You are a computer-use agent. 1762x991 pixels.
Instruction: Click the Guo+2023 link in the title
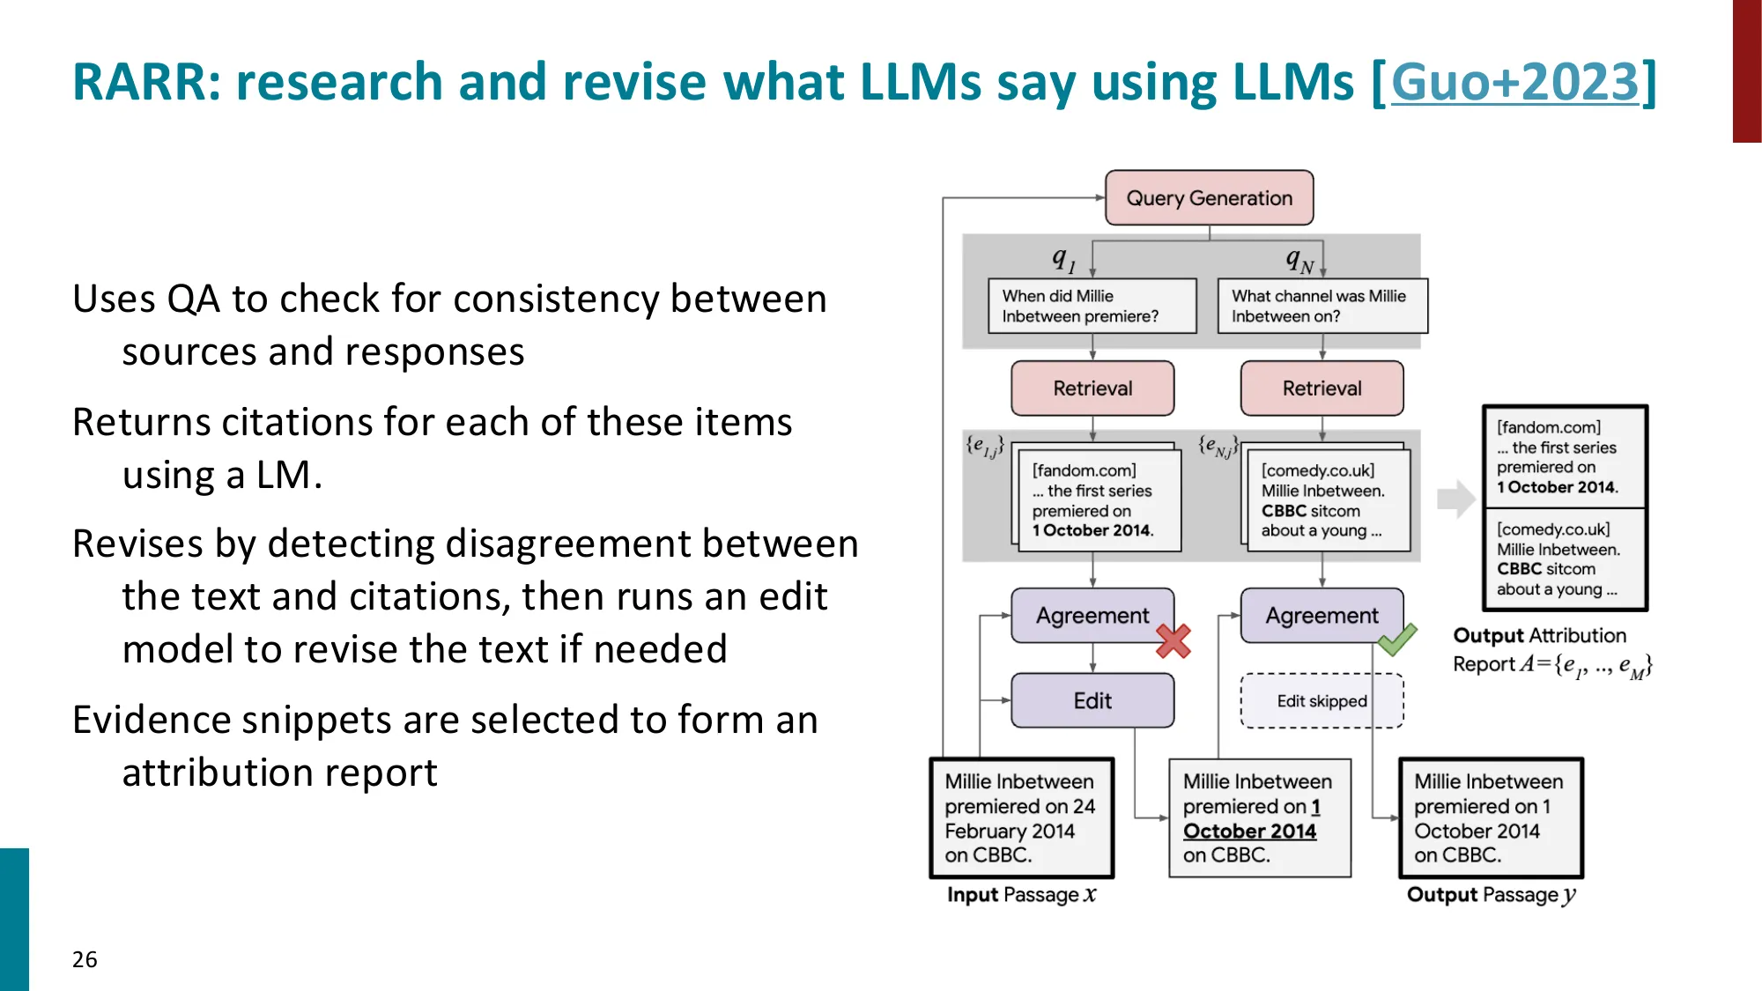point(1514,82)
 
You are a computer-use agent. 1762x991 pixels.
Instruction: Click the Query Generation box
point(1209,198)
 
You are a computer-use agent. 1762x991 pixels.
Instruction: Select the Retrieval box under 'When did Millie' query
point(1092,388)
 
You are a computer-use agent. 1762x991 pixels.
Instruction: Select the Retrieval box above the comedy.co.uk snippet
point(1321,388)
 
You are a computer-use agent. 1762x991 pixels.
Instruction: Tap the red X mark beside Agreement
point(1173,641)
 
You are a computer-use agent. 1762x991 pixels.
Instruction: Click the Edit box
point(1092,700)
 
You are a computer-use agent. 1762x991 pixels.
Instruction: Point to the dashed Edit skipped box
point(1321,701)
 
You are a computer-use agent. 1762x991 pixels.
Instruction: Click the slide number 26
point(85,959)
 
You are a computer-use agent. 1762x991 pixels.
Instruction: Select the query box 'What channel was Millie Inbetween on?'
point(1321,307)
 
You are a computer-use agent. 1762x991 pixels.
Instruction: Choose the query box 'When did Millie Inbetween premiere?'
point(1092,307)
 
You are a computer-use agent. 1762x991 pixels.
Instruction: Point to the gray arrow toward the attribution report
point(1455,499)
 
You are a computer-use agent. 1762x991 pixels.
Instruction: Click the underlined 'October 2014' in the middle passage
point(1249,831)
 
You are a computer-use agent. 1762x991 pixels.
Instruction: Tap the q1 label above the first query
point(1063,259)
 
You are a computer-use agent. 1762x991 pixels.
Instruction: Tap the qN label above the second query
point(1299,260)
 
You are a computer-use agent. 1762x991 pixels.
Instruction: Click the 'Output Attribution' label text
point(1539,635)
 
